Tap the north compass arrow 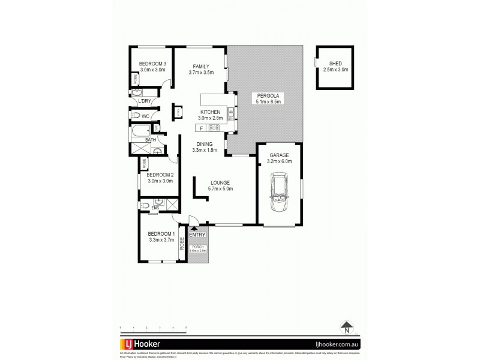(346, 328)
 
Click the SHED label (335, 64)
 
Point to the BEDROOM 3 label (152, 64)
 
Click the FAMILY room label (201, 66)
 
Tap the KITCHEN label (210, 112)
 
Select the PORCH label (197, 247)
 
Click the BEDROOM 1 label (161, 233)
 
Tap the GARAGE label (279, 155)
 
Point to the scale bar (153, 328)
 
